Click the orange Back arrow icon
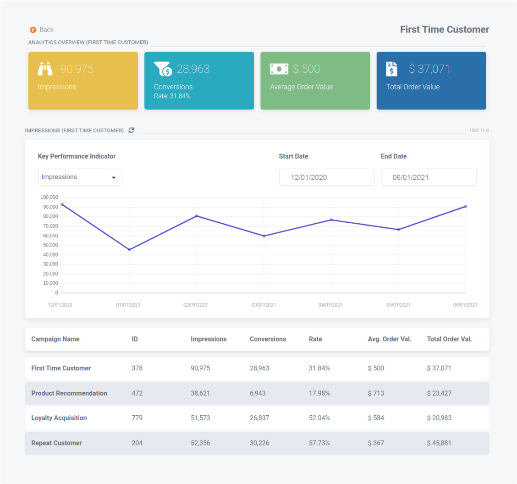pyautogui.click(x=33, y=30)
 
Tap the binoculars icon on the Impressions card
pyautogui.click(x=45, y=69)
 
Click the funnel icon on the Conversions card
pyautogui.click(x=163, y=69)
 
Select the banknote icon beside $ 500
pyautogui.click(x=279, y=69)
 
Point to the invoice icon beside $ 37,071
pyautogui.click(x=391, y=69)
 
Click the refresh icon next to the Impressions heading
pyautogui.click(x=132, y=130)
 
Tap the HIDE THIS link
pyautogui.click(x=479, y=131)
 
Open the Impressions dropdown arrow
pyautogui.click(x=114, y=178)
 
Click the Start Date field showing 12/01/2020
pyautogui.click(x=326, y=177)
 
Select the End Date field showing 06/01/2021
pyautogui.click(x=428, y=177)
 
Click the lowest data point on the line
pyautogui.click(x=129, y=250)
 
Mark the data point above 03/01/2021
pyautogui.click(x=264, y=236)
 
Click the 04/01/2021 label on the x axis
pyautogui.click(x=331, y=305)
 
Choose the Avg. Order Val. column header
pyautogui.click(x=389, y=339)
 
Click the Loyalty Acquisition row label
pyautogui.click(x=59, y=418)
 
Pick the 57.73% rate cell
pyautogui.click(x=319, y=443)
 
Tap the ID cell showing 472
pyautogui.click(x=137, y=393)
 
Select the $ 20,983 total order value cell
pyautogui.click(x=439, y=418)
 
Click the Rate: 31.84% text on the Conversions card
pyautogui.click(x=172, y=96)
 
